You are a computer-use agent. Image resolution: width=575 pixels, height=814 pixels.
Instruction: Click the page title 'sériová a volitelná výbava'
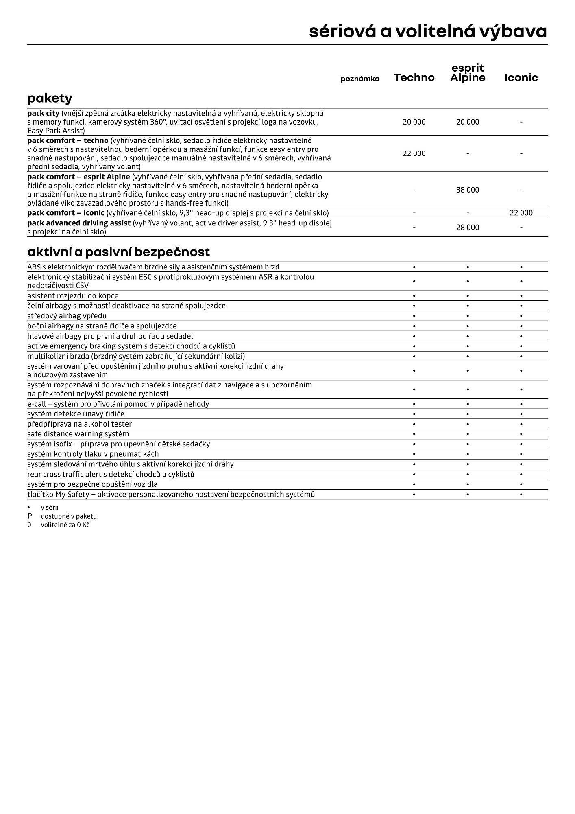tap(428, 31)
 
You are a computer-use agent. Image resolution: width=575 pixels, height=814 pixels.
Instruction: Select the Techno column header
tap(414, 78)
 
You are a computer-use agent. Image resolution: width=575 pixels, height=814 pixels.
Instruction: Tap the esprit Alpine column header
tap(468, 73)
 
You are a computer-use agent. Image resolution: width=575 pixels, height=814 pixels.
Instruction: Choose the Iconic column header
tap(521, 78)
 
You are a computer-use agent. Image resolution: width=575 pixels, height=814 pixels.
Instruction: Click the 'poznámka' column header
tap(360, 79)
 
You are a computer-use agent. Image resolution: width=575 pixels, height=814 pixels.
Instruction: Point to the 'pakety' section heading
tap(50, 98)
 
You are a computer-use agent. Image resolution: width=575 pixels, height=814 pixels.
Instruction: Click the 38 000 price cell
tap(468, 190)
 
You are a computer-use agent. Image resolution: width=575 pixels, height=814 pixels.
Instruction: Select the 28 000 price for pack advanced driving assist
tap(468, 228)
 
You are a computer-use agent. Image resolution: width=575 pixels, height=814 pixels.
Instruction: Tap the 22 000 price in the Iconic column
tap(521, 213)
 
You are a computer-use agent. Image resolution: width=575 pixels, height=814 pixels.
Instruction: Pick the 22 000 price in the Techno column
tap(414, 154)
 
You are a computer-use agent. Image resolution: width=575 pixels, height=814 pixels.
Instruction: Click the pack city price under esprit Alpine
tap(468, 122)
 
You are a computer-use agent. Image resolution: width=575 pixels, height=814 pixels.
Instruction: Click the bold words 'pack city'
tap(43, 113)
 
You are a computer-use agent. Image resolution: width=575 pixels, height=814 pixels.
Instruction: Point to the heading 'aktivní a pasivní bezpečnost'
tap(118, 252)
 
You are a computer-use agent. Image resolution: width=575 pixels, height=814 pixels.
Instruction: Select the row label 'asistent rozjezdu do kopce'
tap(73, 296)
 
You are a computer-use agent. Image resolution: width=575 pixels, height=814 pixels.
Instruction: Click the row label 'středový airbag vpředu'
tap(67, 316)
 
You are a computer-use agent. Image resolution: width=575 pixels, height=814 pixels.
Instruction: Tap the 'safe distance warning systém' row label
tap(78, 434)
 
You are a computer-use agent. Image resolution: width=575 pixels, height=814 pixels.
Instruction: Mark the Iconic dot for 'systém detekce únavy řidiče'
tap(521, 414)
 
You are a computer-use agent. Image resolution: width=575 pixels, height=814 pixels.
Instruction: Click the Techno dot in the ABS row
tap(414, 267)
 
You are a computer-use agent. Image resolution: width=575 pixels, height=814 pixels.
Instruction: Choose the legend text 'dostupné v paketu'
tap(69, 516)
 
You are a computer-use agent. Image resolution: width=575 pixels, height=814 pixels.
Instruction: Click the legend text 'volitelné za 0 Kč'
tap(65, 525)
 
